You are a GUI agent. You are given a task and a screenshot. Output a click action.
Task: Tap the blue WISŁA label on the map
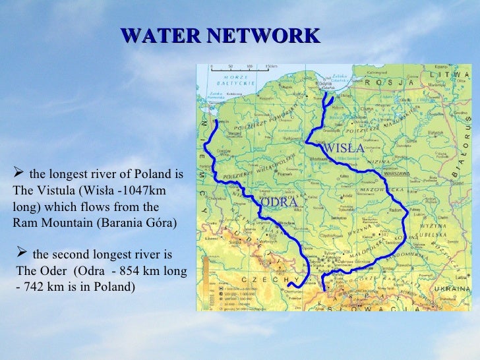click(343, 149)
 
